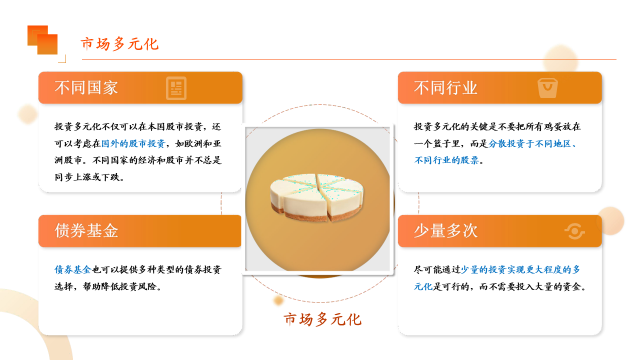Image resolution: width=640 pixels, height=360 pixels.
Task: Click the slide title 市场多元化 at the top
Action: click(119, 44)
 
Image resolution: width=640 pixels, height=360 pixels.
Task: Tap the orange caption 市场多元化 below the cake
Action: click(322, 319)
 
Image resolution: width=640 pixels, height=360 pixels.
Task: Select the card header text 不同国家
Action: click(86, 87)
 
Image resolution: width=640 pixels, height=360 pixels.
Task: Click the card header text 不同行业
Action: click(445, 87)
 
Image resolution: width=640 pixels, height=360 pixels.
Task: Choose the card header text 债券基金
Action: click(86, 230)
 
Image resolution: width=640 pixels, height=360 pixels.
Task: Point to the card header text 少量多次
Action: click(445, 230)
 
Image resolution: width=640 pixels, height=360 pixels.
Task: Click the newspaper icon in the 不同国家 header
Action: click(176, 88)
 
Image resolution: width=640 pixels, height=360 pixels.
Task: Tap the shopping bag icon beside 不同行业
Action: click(547, 88)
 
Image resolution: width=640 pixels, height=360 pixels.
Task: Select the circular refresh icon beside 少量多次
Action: click(574, 231)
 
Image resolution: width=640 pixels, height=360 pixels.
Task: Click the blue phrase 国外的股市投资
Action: click(133, 143)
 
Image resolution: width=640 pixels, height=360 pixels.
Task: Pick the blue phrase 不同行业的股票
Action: click(446, 160)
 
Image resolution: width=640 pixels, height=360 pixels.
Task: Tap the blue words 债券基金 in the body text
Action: click(73, 269)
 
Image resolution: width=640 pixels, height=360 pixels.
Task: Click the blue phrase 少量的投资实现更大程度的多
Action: click(520, 269)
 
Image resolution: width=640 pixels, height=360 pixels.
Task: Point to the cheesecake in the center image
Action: click(316, 197)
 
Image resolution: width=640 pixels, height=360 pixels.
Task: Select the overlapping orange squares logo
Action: click(42, 40)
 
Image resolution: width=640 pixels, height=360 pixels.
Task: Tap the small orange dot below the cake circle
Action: click(278, 300)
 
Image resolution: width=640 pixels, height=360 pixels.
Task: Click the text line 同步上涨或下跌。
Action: click(89, 177)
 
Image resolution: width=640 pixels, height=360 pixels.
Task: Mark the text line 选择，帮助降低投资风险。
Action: click(108, 286)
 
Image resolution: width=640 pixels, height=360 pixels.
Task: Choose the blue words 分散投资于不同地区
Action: click(529, 143)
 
